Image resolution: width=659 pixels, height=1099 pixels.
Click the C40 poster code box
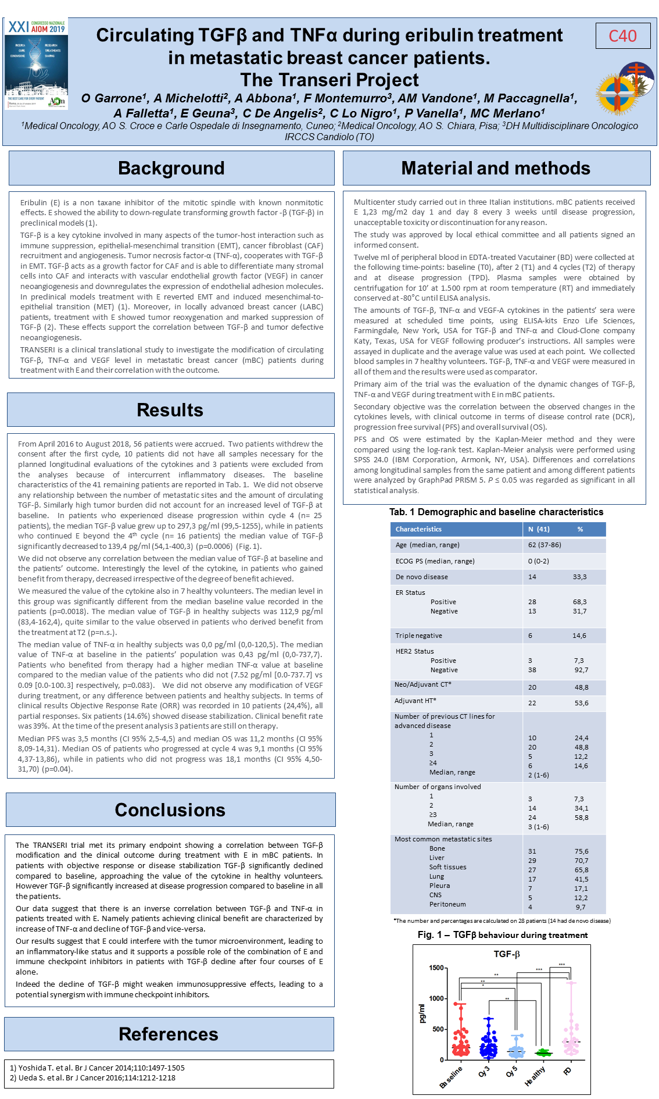622,36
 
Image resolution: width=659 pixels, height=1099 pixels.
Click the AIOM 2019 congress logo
36,63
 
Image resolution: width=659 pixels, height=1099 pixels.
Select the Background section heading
171,169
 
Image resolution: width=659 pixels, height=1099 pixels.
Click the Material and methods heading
496,169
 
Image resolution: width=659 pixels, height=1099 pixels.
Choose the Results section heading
170,410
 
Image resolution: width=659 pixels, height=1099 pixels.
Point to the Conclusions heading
170,810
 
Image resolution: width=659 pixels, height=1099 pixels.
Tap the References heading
169,1034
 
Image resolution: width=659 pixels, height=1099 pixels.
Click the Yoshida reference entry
97,1068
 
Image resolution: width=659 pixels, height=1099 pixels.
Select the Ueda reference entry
92,1077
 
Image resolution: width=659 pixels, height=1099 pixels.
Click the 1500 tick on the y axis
436,968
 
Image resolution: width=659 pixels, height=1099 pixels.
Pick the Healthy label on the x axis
535,1076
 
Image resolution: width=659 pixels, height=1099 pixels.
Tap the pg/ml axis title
422,1014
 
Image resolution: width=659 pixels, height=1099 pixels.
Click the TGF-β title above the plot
507,954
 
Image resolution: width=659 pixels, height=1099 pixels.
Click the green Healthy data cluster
543,1052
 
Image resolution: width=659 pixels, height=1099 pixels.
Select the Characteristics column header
418,529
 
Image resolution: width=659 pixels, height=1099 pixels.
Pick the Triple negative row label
419,636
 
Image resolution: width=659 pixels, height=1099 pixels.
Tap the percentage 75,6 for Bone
581,851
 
